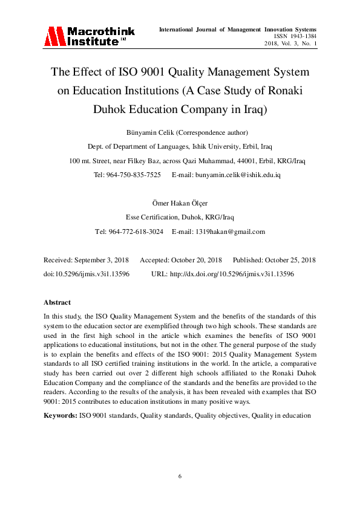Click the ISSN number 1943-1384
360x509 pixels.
(x=303, y=36)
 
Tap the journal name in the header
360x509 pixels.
(x=237, y=29)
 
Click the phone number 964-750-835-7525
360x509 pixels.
(x=136, y=175)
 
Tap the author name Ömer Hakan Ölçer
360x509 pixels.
(x=180, y=203)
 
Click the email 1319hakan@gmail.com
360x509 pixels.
(x=227, y=232)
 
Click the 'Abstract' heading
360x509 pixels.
(x=57, y=302)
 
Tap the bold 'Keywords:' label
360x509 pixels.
(x=60, y=416)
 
